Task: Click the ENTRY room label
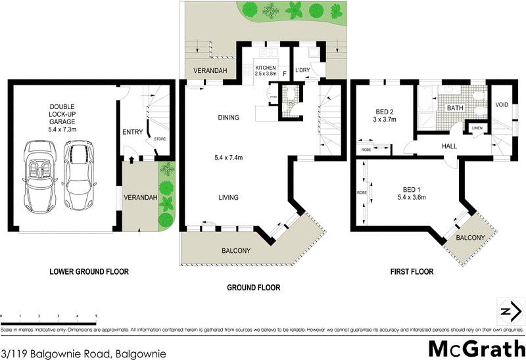[132, 133]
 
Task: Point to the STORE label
[160, 139]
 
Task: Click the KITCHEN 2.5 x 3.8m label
[266, 70]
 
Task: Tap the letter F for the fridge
[284, 74]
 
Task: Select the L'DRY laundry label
[303, 70]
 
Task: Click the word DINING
[228, 118]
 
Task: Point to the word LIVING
[228, 197]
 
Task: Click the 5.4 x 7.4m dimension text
[228, 158]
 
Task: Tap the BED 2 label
[385, 116]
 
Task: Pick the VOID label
[502, 104]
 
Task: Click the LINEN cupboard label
[477, 128]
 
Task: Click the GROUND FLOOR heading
[253, 288]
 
